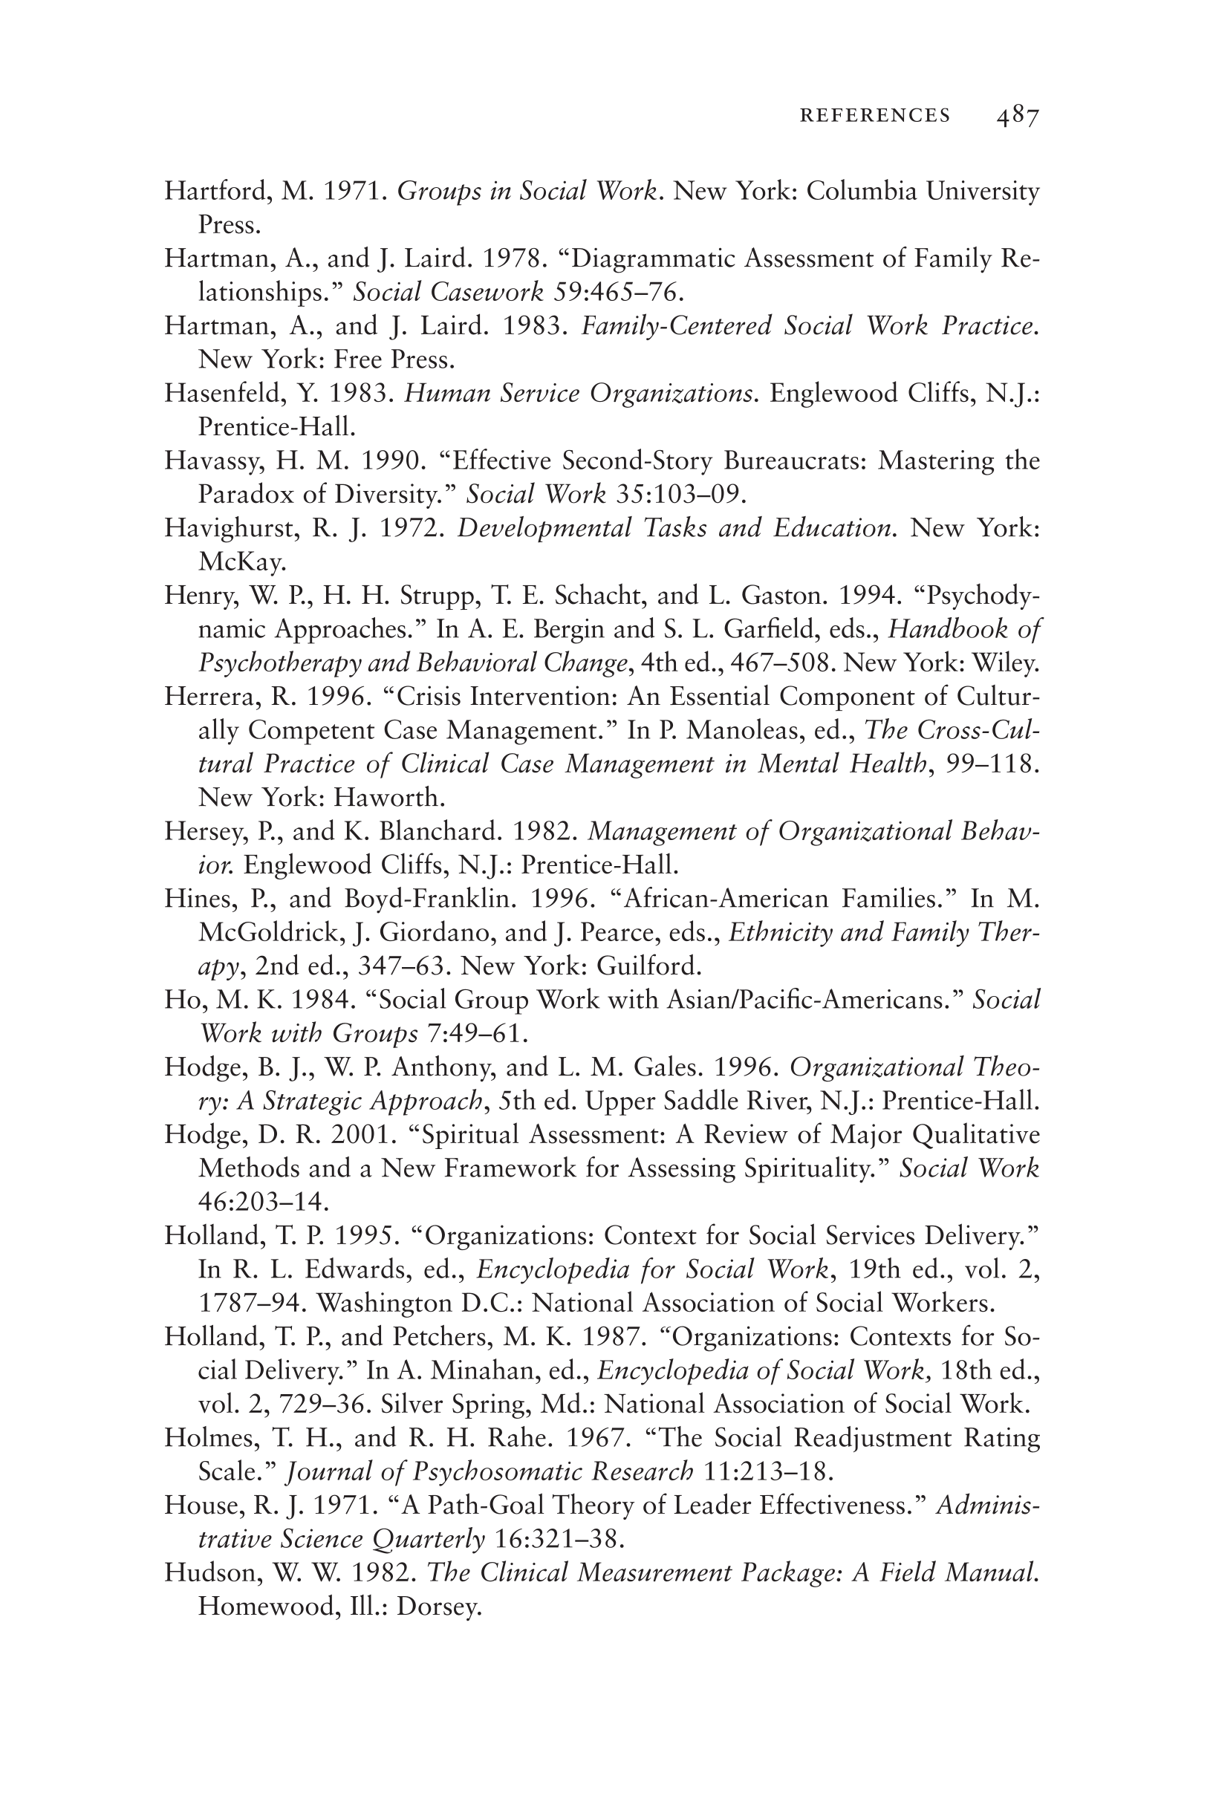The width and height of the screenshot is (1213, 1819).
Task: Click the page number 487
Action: [x=1018, y=116]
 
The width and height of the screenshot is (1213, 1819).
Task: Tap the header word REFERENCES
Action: [x=875, y=116]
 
